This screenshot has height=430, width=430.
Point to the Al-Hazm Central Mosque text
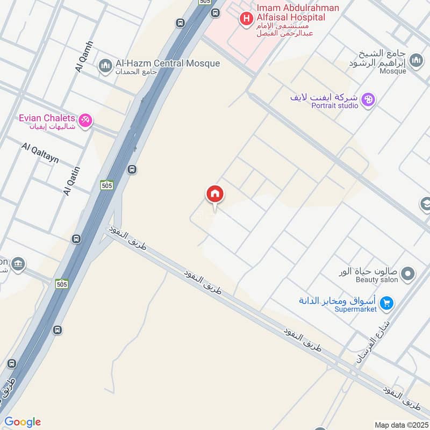(x=168, y=63)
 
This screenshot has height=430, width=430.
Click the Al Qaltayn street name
(x=40, y=154)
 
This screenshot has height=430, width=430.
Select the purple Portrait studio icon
(x=368, y=99)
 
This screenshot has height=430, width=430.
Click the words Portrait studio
(x=334, y=106)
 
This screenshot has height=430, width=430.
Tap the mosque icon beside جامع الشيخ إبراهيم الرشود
(x=415, y=61)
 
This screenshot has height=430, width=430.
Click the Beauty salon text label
(x=377, y=279)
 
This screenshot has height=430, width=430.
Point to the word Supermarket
(x=355, y=309)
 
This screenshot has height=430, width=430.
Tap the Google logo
(x=23, y=422)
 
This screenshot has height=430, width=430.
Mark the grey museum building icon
(x=18, y=264)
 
